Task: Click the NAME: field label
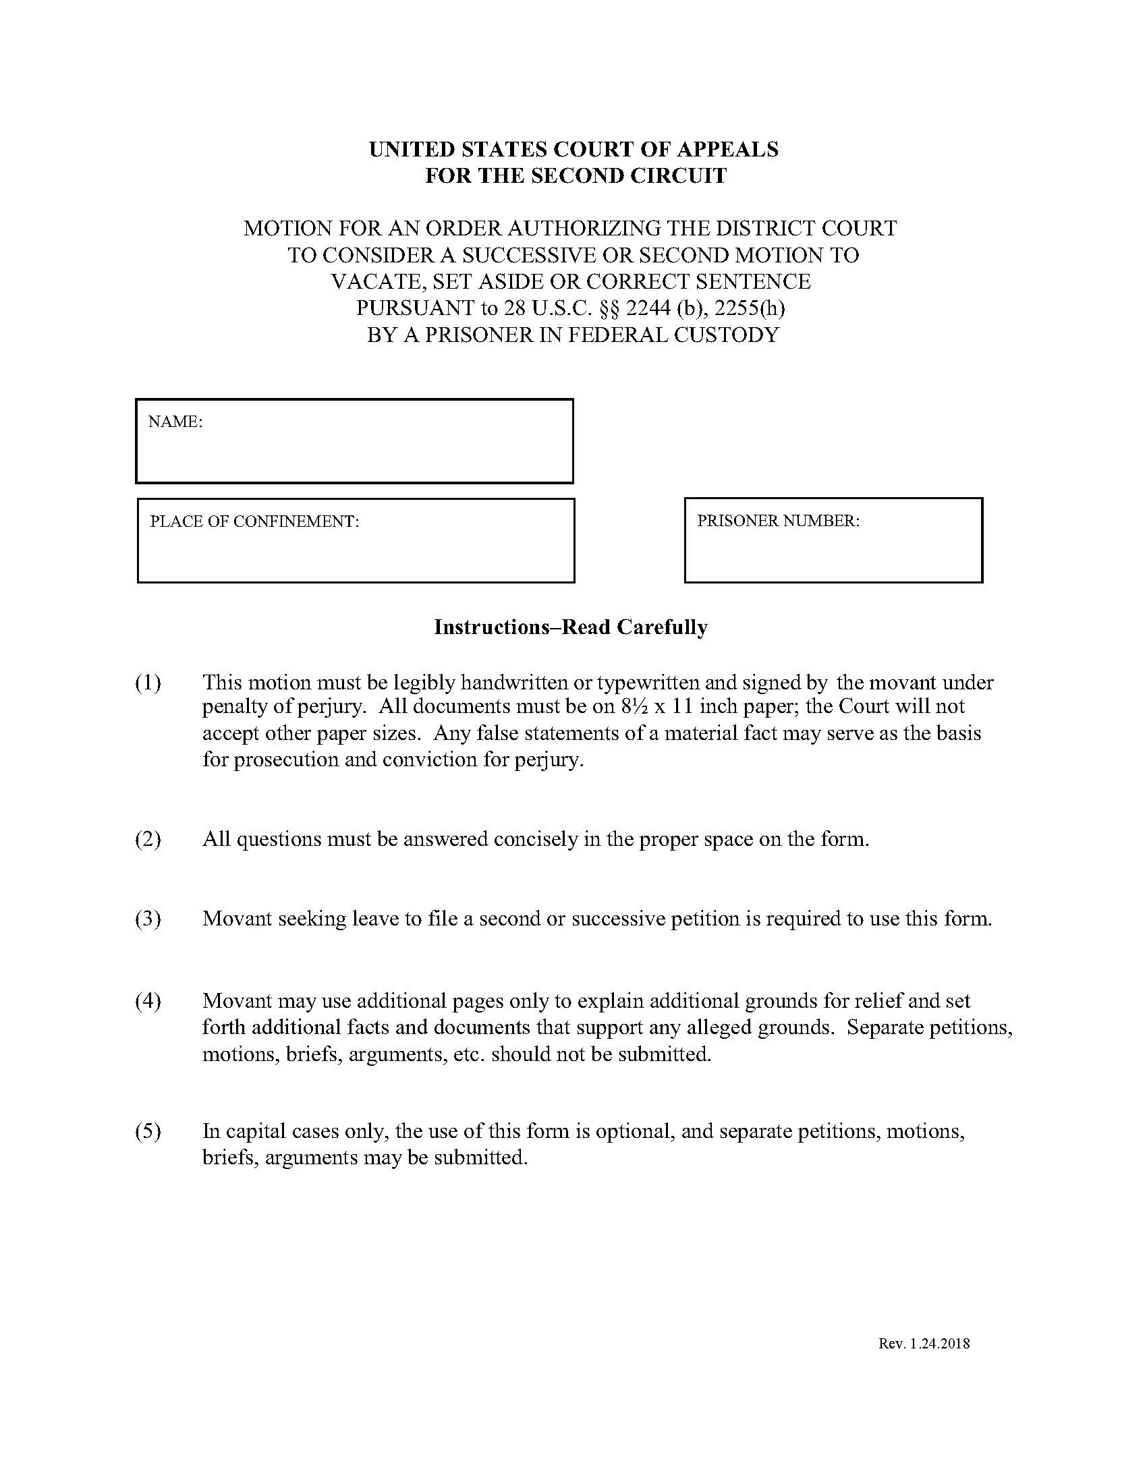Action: (x=175, y=422)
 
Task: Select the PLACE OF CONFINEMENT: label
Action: (x=254, y=521)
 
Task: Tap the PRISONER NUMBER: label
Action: (x=778, y=521)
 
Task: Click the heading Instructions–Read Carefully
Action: (x=570, y=627)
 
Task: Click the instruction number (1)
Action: (x=148, y=681)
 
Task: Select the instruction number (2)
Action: (x=148, y=839)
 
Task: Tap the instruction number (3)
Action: (x=148, y=919)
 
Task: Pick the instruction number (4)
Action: (x=148, y=1001)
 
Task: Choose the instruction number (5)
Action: (x=148, y=1131)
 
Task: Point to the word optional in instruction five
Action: (x=634, y=1131)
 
